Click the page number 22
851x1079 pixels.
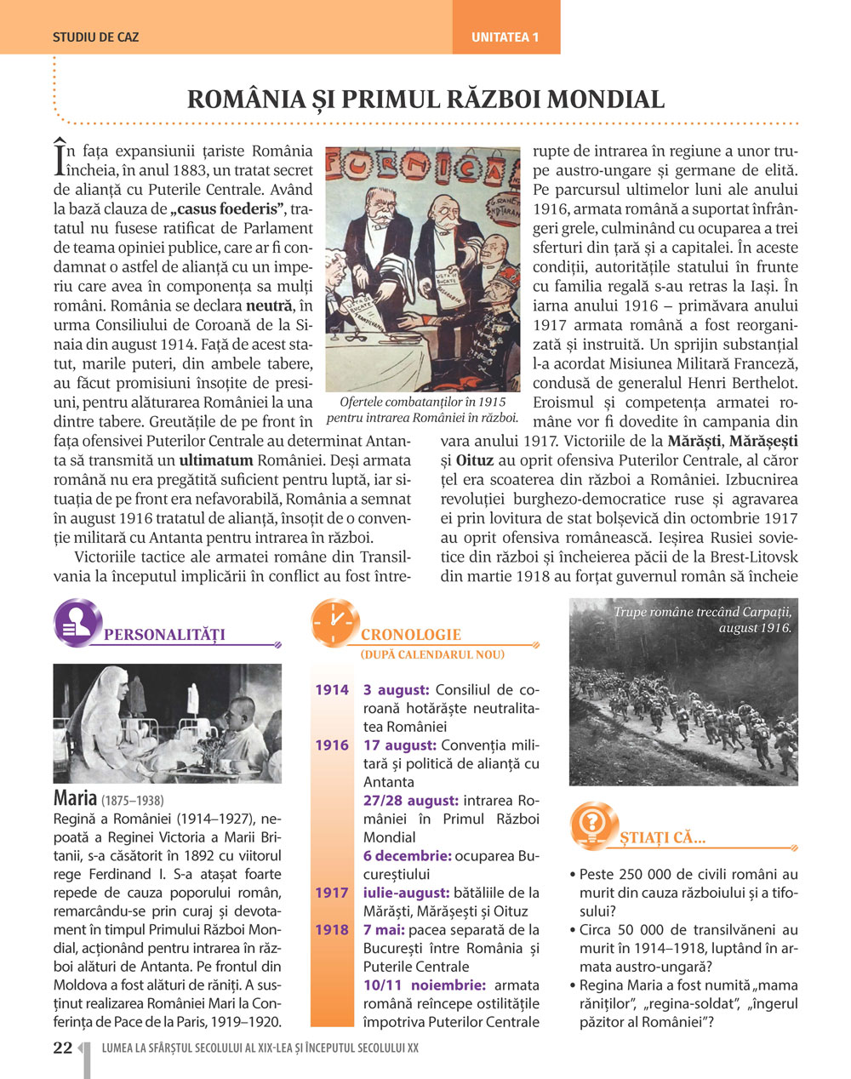click(x=62, y=1048)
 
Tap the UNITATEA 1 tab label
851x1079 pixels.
click(x=505, y=37)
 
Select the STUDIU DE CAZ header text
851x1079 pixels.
click(x=95, y=37)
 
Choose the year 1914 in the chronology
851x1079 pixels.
click(x=332, y=690)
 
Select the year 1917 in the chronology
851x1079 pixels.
click(x=332, y=893)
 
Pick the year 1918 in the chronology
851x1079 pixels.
click(x=332, y=930)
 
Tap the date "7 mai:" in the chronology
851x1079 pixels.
click(x=391, y=930)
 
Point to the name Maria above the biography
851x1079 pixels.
click(x=75, y=798)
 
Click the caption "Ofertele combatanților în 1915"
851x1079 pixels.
click(x=422, y=402)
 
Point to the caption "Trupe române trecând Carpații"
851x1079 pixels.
click(x=702, y=612)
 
